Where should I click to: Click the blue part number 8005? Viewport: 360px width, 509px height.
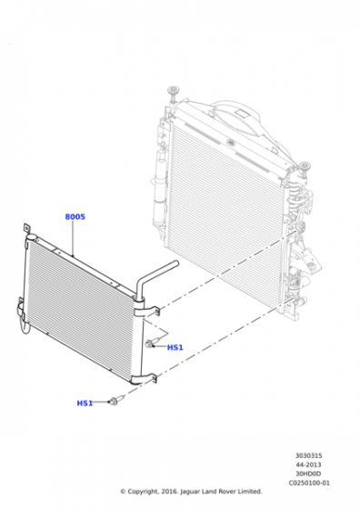[75, 216]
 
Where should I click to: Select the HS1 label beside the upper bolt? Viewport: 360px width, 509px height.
[175, 347]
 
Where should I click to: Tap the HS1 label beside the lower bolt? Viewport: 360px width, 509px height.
[85, 404]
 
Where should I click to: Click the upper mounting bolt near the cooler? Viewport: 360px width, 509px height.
[153, 343]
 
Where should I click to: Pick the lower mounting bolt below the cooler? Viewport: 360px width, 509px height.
[117, 400]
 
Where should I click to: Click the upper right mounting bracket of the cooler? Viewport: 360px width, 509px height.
[146, 312]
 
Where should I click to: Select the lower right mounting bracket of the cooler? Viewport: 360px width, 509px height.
[144, 378]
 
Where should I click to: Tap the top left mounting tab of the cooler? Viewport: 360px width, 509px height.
[27, 228]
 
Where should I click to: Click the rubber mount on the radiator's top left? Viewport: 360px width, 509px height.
[173, 92]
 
